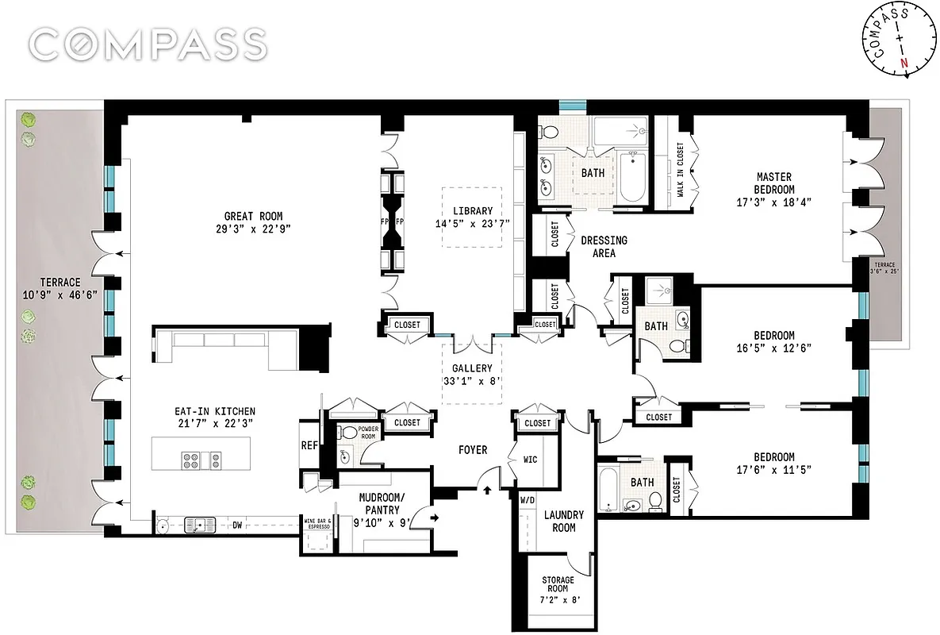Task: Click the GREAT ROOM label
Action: (x=253, y=216)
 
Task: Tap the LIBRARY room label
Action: (x=473, y=211)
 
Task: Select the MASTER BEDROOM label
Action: (x=775, y=183)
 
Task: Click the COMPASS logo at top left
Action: (x=148, y=44)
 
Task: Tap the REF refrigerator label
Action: (x=309, y=446)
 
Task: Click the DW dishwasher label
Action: (x=237, y=524)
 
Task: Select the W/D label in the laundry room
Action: (x=527, y=501)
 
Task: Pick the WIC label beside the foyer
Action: (x=531, y=459)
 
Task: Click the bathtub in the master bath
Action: (x=632, y=175)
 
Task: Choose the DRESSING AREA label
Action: (x=604, y=246)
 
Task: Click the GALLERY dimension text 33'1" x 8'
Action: (x=472, y=380)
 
